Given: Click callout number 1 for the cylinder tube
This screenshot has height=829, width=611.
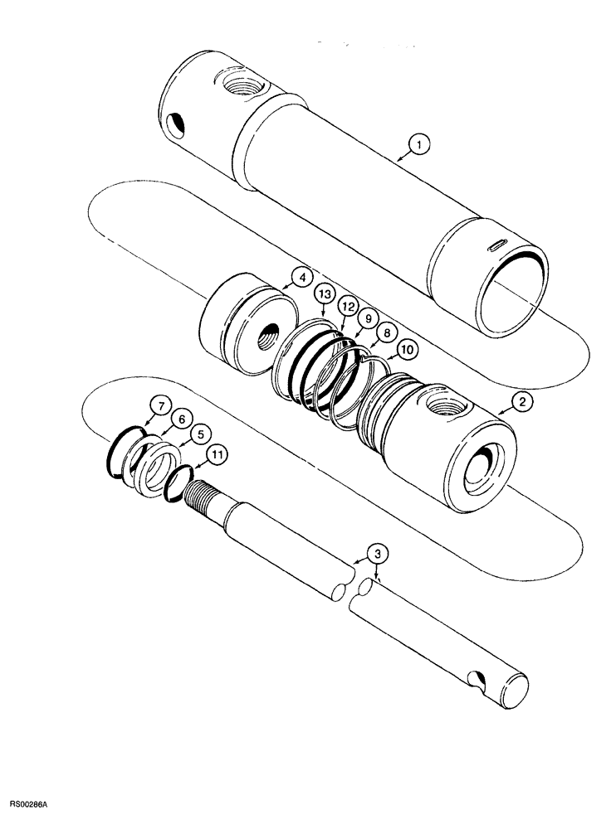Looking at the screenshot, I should (x=420, y=147).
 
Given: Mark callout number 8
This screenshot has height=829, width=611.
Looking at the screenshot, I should (x=385, y=332).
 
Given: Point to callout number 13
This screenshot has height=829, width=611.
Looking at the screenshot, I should (x=325, y=295).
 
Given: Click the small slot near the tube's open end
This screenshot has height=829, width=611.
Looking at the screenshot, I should (x=496, y=243).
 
